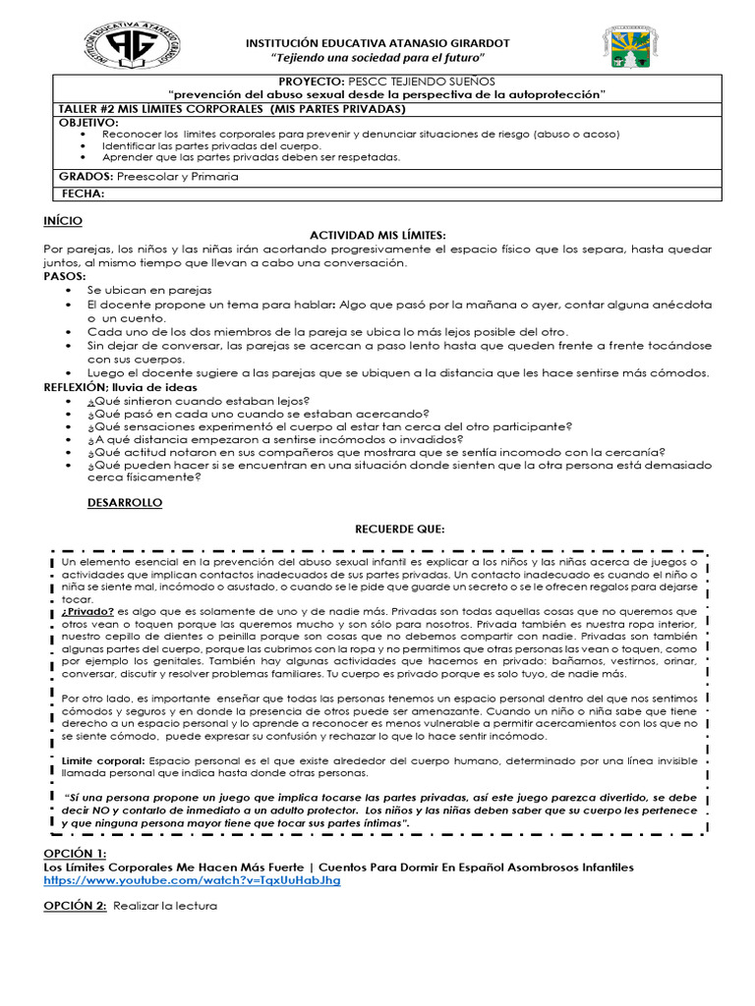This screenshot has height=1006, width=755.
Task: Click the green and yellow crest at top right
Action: [x=626, y=50]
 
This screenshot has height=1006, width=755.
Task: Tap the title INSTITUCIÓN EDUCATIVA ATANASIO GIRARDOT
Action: [x=377, y=42]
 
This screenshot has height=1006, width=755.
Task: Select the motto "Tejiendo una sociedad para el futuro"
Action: [x=377, y=58]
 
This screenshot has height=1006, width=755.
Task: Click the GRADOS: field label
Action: [x=86, y=177]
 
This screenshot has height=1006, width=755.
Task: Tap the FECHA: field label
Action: [x=83, y=194]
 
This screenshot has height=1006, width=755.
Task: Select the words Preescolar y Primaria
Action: [x=177, y=177]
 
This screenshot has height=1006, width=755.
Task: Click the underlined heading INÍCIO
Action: [x=63, y=221]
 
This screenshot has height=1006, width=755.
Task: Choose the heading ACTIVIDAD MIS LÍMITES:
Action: [x=377, y=236]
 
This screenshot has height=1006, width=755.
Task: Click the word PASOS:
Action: [x=65, y=278]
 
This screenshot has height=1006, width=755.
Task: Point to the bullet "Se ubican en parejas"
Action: [x=148, y=292]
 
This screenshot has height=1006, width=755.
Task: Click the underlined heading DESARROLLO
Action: [x=126, y=503]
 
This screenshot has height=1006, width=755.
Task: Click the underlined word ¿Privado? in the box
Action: [x=87, y=610]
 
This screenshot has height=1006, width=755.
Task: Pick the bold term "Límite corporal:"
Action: [x=103, y=760]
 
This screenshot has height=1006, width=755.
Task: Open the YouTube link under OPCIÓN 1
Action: [x=193, y=880]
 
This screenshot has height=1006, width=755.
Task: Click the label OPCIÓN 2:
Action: [x=75, y=906]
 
